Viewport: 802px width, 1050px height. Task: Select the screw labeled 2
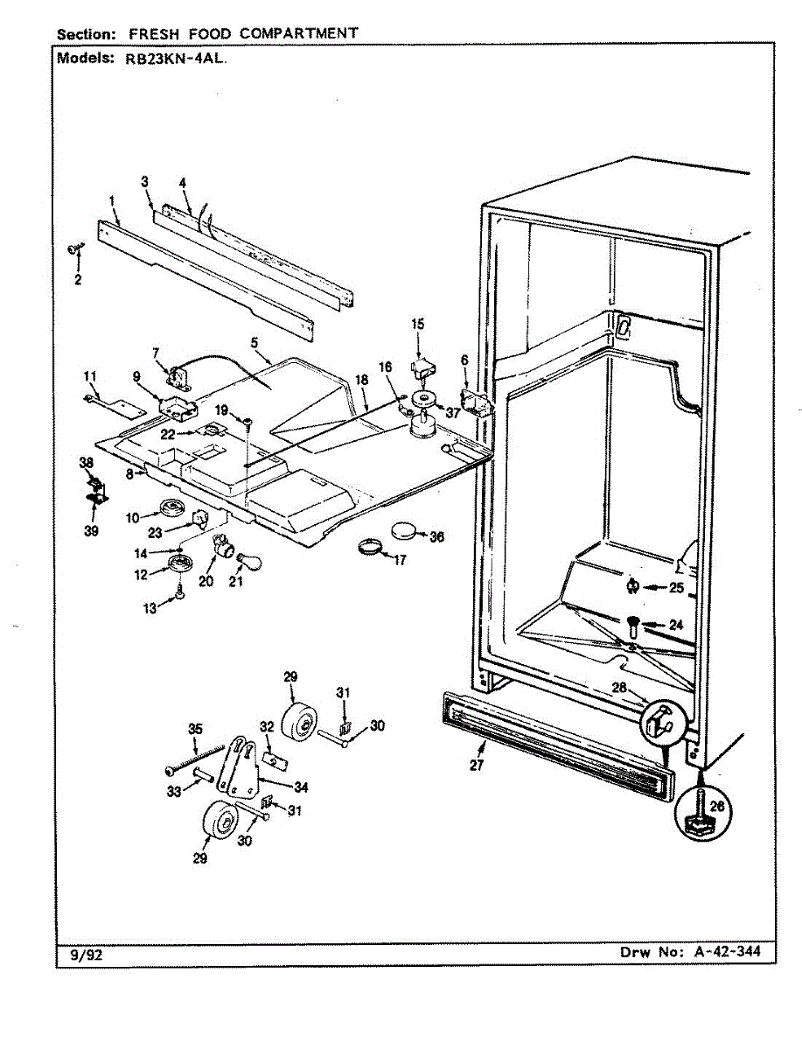(x=73, y=251)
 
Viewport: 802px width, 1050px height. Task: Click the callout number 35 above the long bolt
(x=195, y=728)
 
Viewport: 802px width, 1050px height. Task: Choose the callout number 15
(x=418, y=324)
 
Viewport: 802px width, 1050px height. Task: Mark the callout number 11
(x=90, y=376)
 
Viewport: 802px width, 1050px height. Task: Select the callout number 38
(x=86, y=462)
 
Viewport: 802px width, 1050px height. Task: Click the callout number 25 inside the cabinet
(x=676, y=588)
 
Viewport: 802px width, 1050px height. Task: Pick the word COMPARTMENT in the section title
(x=298, y=33)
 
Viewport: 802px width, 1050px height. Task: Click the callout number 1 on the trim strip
(x=113, y=201)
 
